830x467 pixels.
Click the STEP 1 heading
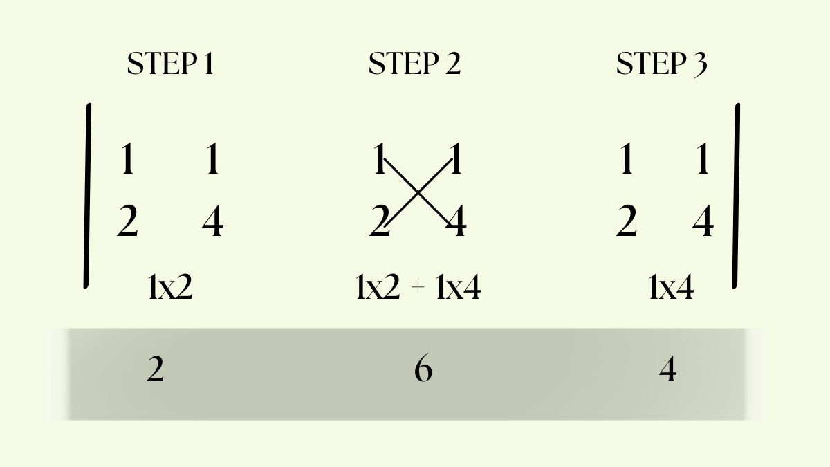point(170,64)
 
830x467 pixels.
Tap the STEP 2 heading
point(414,64)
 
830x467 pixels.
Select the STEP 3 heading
point(662,64)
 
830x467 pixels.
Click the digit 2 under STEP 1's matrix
point(127,221)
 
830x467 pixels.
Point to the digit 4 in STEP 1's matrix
point(213,221)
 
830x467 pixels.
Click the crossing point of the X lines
point(418,192)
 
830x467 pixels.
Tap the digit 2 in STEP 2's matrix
point(380,221)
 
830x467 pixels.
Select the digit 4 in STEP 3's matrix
point(703,221)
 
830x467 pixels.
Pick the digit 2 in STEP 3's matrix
point(626,221)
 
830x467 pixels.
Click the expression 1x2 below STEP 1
point(170,287)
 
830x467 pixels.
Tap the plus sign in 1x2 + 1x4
point(418,288)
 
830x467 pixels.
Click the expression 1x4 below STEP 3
point(672,287)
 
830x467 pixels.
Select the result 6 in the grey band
point(423,368)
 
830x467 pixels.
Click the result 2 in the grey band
point(155,369)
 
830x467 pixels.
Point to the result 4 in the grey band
point(667,369)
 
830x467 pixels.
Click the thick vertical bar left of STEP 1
point(87,196)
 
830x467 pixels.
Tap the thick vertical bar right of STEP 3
point(736,196)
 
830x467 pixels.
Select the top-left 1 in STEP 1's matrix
point(127,158)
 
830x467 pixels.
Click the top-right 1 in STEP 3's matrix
point(703,158)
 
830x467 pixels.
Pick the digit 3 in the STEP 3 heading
point(700,65)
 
